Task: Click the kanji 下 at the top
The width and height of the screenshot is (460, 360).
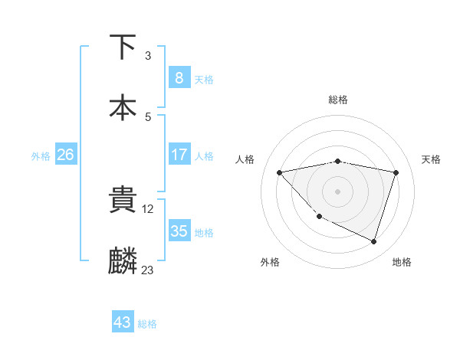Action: tap(123, 47)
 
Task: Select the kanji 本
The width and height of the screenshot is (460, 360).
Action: tap(123, 107)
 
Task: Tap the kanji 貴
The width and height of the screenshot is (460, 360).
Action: tap(123, 200)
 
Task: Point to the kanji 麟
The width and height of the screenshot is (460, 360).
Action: tap(123, 260)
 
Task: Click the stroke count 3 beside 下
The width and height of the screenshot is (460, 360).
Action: tap(148, 56)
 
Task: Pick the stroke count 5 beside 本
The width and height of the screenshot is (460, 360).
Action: tap(148, 117)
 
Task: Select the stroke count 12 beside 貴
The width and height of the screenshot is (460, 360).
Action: tap(149, 209)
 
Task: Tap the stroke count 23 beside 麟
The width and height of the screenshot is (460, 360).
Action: tap(148, 270)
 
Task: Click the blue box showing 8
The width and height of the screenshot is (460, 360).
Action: tap(179, 77)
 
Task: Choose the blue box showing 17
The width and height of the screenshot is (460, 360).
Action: tap(179, 155)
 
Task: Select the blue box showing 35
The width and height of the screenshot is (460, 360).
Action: tap(179, 231)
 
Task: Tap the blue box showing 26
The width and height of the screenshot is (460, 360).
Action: tap(65, 155)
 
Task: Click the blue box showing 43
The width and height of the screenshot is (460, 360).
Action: tap(123, 322)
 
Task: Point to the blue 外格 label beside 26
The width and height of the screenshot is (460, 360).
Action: tap(41, 155)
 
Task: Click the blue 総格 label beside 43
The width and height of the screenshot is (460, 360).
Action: tap(148, 324)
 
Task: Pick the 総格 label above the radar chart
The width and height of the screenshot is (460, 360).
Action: tap(337, 100)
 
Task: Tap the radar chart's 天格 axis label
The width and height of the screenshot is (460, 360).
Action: tap(431, 159)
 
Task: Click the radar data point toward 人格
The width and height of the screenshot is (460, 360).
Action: tap(280, 172)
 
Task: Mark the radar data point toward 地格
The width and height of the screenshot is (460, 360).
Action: tap(373, 242)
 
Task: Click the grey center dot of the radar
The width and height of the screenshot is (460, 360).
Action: tap(337, 191)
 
